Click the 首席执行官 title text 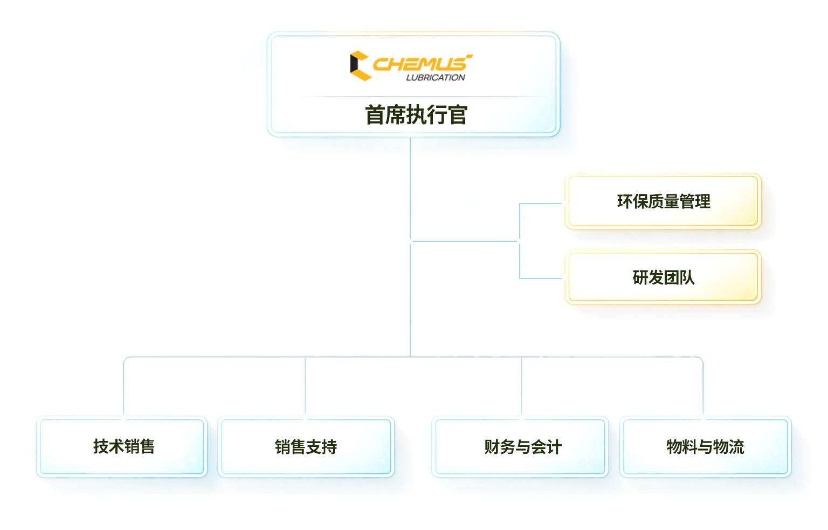click(x=416, y=115)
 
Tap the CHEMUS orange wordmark click(x=420, y=64)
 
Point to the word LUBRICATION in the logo click(x=436, y=78)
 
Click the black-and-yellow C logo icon click(x=360, y=66)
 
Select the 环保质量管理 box click(x=663, y=201)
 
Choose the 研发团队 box click(x=663, y=277)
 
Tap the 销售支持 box click(x=306, y=447)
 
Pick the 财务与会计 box click(x=521, y=447)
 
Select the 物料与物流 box click(x=705, y=447)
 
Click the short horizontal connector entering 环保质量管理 click(x=541, y=203)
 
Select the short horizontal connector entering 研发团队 click(x=541, y=278)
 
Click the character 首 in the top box click(x=375, y=115)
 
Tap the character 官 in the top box click(x=457, y=115)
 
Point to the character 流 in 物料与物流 click(x=736, y=447)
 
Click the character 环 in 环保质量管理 click(x=624, y=201)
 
